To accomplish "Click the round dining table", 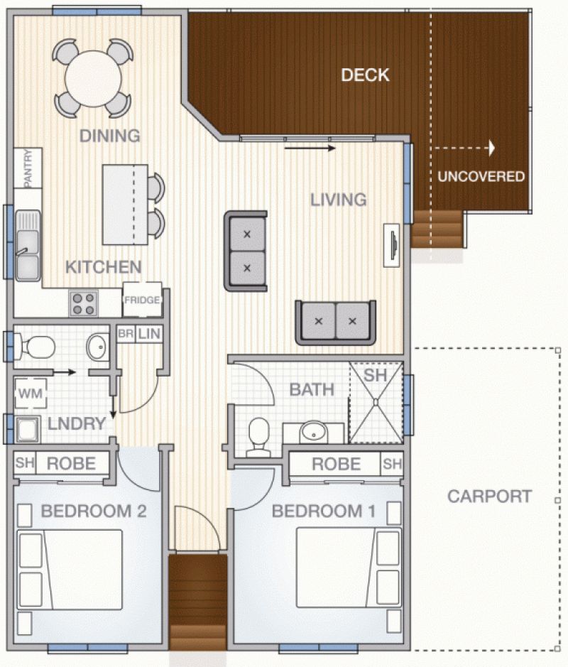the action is click(93, 78).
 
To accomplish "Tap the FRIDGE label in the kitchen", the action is click(142, 300).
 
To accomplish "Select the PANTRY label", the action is click(28, 168).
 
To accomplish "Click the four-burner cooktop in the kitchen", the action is click(83, 304).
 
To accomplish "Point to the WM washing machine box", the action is click(31, 393).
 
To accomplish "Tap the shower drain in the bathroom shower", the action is click(376, 401).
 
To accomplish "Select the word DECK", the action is click(365, 75).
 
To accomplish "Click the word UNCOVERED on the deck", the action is click(481, 176).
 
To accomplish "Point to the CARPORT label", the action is click(489, 497).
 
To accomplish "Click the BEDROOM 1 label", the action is click(324, 511).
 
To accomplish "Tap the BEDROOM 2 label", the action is click(94, 511).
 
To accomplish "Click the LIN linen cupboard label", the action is click(149, 334).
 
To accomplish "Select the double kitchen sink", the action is click(28, 246).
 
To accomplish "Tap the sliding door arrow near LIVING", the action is click(310, 148).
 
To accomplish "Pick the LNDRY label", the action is click(77, 423).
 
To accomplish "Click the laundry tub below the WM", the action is click(28, 429).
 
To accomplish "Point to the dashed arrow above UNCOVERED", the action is click(464, 148).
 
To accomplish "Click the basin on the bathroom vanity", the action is click(314, 432).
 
